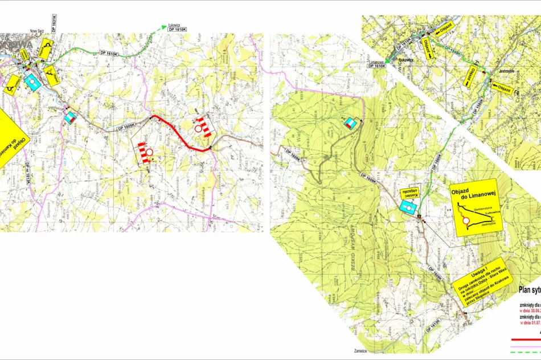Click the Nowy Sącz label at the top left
point(38,32)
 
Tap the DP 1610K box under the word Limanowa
point(377,67)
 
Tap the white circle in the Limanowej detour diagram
point(466,220)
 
